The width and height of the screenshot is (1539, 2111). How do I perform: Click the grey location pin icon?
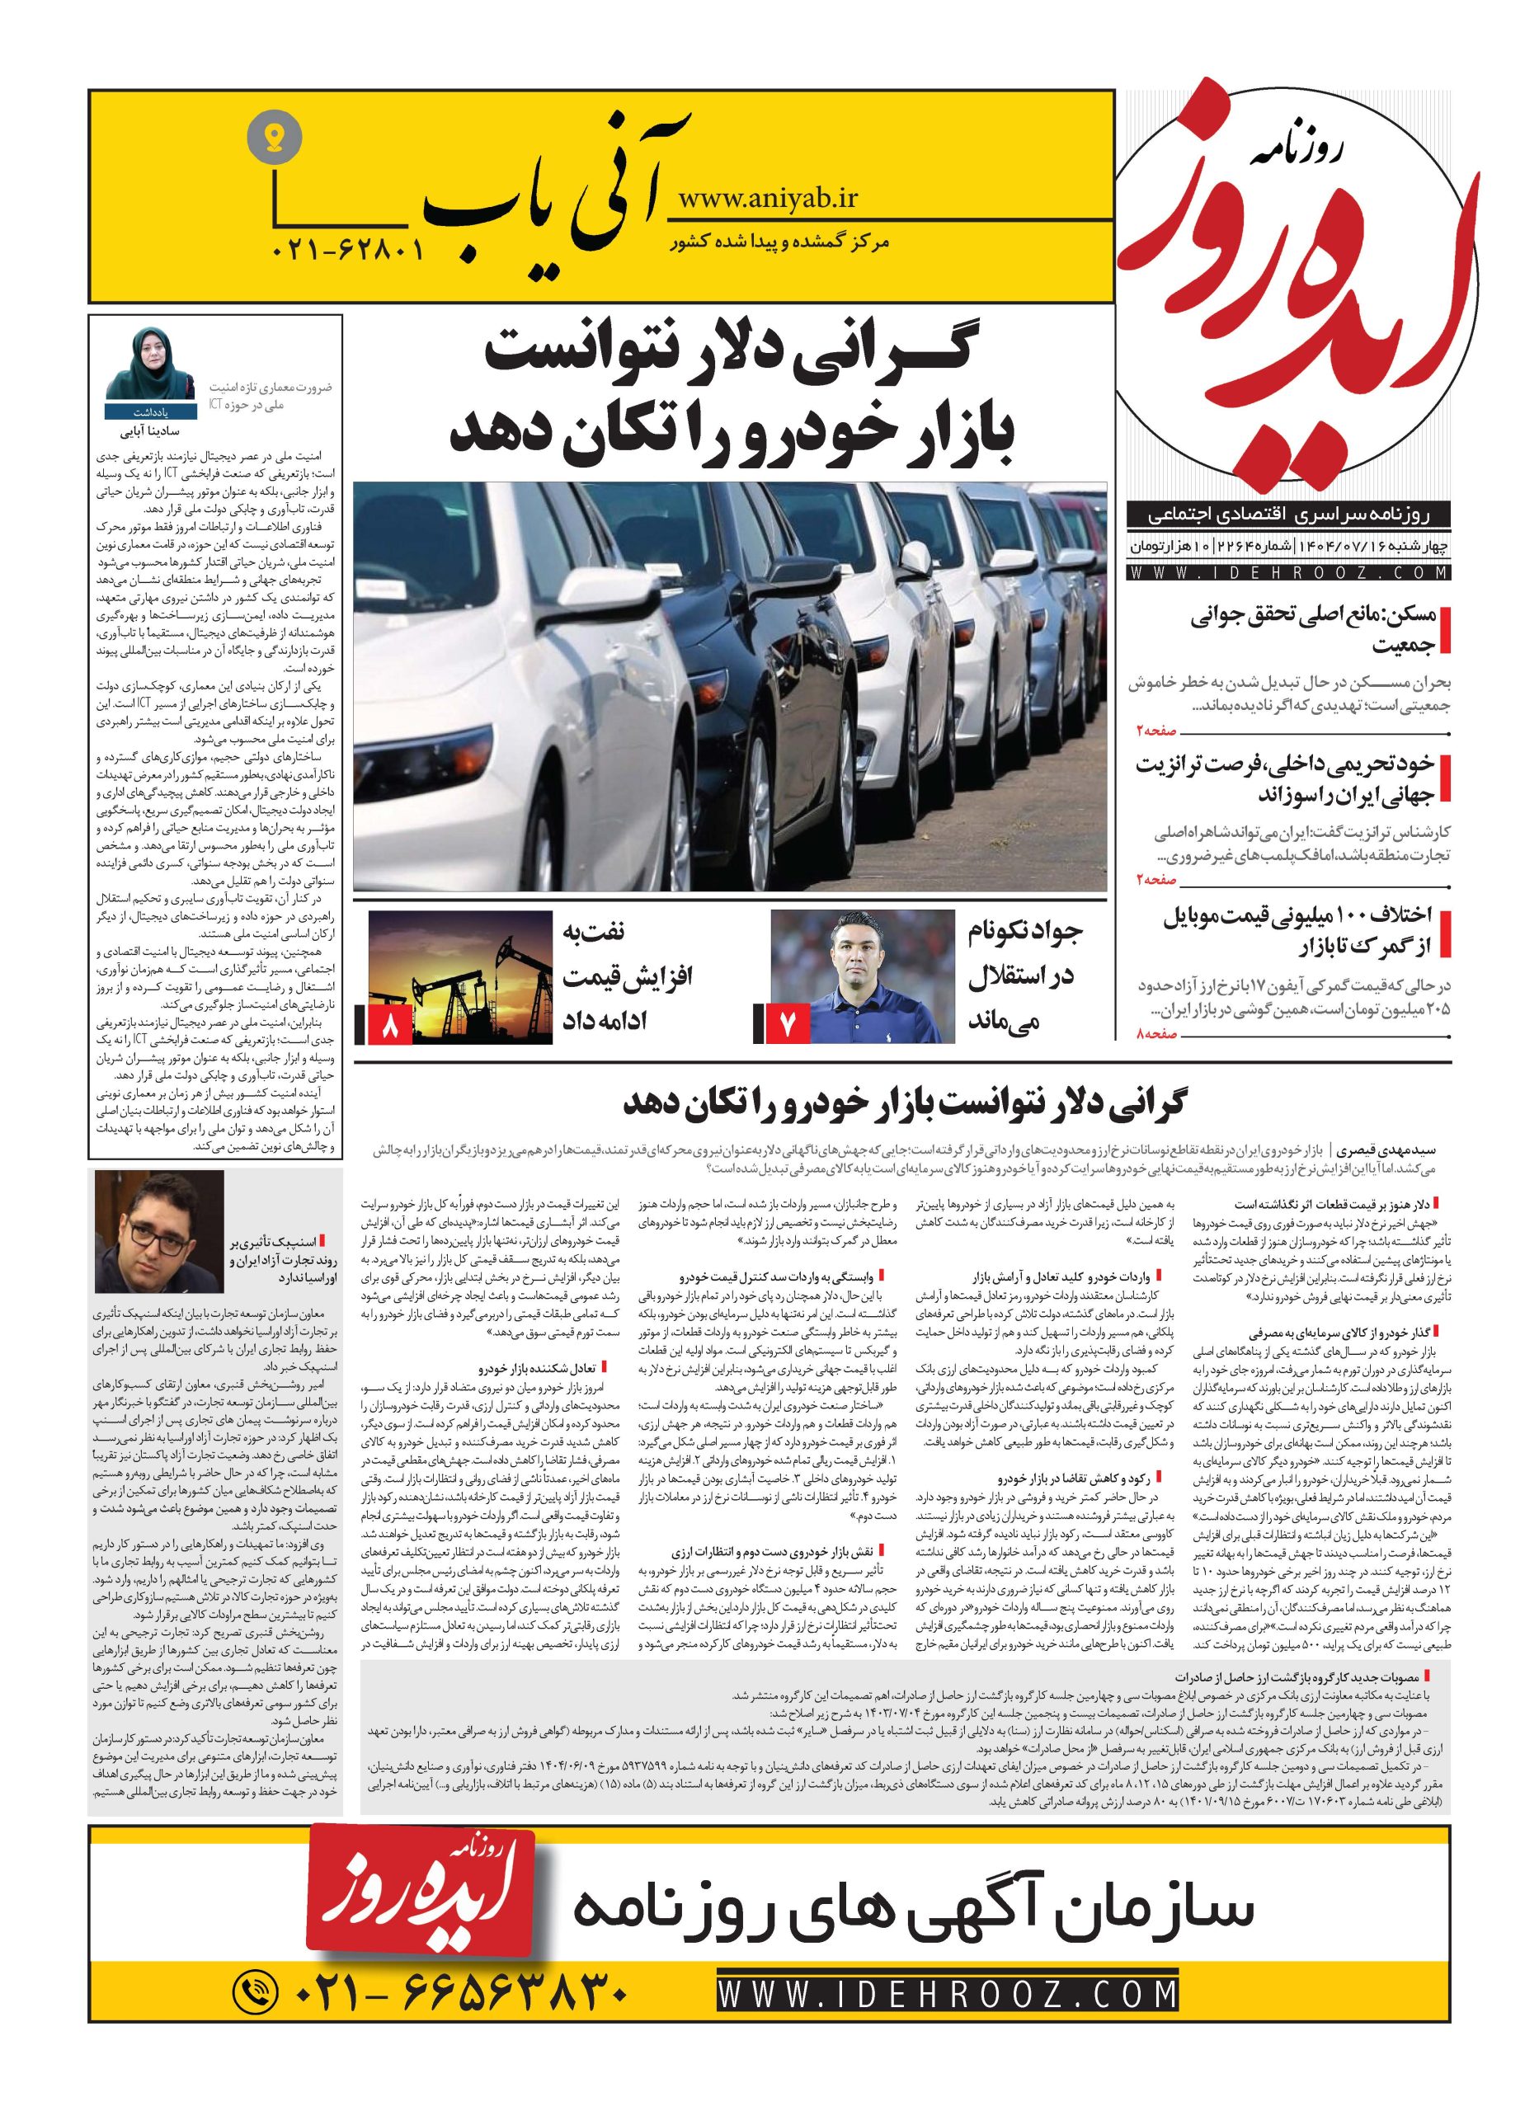[x=275, y=139]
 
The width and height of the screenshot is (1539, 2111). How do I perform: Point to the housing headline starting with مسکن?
[x=1311, y=630]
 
